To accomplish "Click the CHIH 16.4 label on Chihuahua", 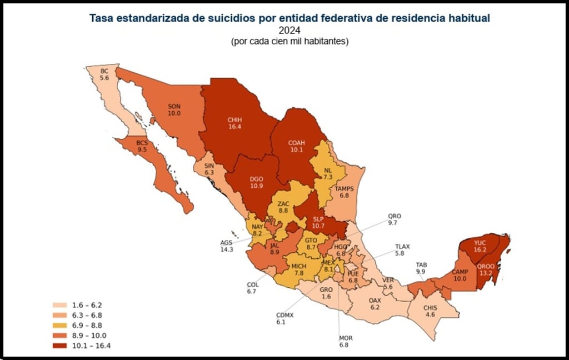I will coord(233,123).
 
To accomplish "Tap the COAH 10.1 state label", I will coord(296,145).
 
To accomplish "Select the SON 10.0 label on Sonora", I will coord(174,109).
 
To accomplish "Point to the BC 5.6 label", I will coord(105,75).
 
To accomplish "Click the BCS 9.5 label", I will coord(142,146).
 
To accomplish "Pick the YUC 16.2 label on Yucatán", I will coord(480,247).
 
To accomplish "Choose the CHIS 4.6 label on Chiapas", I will coord(431,311).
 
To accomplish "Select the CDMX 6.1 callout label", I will coord(285,318).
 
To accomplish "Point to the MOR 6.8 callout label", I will coord(346,342).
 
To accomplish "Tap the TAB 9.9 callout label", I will coord(421,268).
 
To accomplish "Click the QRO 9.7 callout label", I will coord(394,219).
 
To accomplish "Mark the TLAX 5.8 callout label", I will coord(404,249).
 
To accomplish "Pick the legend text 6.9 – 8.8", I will coord(86,325).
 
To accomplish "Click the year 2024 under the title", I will coord(290,31).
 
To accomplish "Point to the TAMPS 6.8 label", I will coord(345,192).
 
